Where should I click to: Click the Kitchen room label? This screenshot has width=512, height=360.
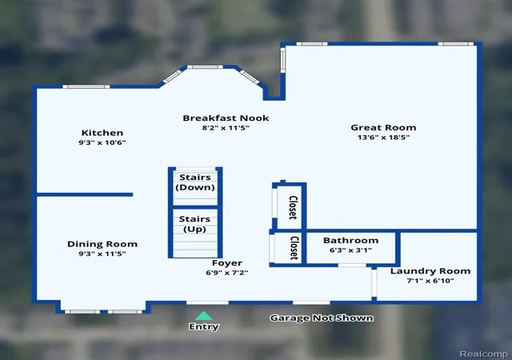click(102, 133)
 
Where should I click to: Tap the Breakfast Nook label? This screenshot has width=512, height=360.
click(226, 118)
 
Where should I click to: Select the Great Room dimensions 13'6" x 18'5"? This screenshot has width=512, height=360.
click(383, 137)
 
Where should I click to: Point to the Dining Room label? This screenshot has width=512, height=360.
click(102, 244)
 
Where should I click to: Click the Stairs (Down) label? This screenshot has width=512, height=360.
click(195, 182)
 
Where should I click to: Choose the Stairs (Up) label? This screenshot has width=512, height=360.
click(194, 224)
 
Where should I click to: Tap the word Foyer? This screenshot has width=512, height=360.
click(227, 263)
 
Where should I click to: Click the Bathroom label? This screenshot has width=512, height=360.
click(350, 241)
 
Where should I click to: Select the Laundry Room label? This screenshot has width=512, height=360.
click(430, 271)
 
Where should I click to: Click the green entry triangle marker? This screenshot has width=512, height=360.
click(204, 316)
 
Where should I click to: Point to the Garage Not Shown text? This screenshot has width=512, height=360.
click(322, 318)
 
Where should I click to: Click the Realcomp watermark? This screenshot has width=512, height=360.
click(483, 354)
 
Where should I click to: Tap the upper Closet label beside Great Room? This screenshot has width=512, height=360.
click(293, 207)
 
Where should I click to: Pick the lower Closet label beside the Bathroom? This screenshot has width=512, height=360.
click(294, 248)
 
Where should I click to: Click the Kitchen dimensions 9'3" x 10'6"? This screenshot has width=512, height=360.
click(102, 142)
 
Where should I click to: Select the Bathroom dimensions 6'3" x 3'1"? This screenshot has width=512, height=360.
click(350, 250)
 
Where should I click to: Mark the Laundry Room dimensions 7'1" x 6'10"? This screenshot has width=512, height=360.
click(430, 281)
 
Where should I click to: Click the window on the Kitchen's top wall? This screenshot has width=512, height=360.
click(86, 86)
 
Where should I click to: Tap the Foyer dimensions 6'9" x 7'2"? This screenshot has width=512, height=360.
click(227, 273)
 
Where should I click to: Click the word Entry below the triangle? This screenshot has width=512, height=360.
click(204, 326)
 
